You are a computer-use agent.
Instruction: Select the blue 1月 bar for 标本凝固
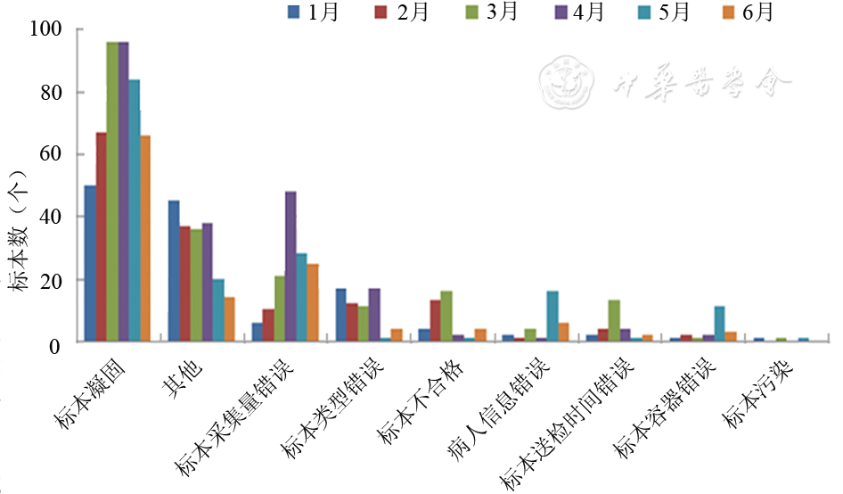pyautogui.click(x=90, y=263)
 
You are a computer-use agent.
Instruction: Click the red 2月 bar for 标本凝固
pyautogui.click(x=102, y=237)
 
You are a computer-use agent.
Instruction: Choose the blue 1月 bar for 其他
pyautogui.click(x=174, y=271)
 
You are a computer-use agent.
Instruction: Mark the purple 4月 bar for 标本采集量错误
pyautogui.click(x=291, y=267)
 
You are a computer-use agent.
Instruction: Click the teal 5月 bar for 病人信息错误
pyautogui.click(x=552, y=317)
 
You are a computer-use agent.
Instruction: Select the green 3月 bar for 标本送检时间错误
pyautogui.click(x=614, y=321)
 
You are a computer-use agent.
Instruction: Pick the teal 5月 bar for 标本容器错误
pyautogui.click(x=719, y=324)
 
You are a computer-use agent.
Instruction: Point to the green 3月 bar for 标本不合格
pyautogui.click(x=446, y=317)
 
